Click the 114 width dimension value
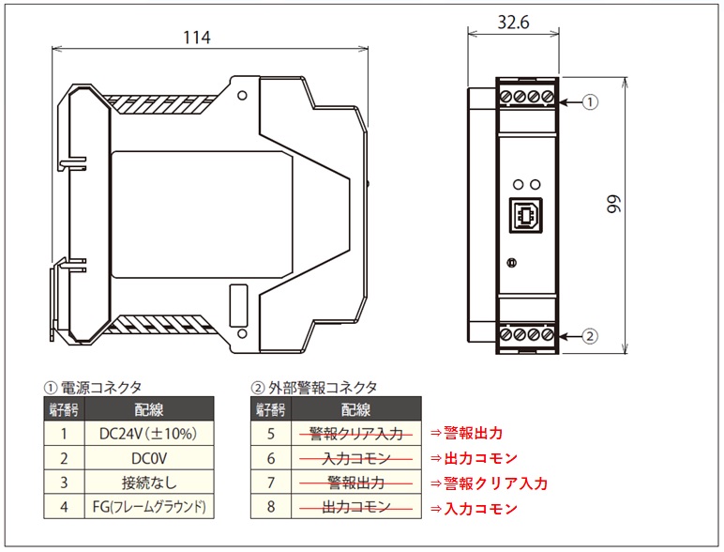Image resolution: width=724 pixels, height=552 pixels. click(197, 38)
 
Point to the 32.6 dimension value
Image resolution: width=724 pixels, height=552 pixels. click(513, 22)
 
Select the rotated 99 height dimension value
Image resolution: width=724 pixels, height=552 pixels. click(614, 205)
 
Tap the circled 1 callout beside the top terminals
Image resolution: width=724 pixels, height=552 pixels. click(590, 101)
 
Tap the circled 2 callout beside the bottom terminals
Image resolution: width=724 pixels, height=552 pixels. click(590, 336)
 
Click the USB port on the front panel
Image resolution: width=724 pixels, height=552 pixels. click(525, 215)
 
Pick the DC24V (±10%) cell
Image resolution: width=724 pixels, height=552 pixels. click(149, 434)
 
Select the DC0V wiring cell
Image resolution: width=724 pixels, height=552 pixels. click(149, 458)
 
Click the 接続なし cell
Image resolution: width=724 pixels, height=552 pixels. click(149, 483)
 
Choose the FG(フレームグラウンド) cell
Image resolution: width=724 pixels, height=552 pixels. click(149, 507)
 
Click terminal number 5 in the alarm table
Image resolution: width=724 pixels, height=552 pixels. click(271, 434)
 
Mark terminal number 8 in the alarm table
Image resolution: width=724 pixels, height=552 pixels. click(271, 507)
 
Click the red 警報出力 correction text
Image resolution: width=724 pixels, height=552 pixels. click(473, 433)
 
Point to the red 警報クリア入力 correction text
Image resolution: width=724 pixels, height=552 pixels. click(495, 483)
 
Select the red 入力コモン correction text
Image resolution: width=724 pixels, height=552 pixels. click(481, 509)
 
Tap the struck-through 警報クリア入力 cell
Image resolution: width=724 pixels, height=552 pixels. click(356, 434)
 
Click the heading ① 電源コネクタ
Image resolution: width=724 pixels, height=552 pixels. click(92, 388)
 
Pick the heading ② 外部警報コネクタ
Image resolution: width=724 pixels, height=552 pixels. click(314, 388)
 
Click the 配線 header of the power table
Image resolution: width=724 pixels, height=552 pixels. click(149, 409)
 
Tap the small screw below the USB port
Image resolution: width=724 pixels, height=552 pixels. click(512, 263)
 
